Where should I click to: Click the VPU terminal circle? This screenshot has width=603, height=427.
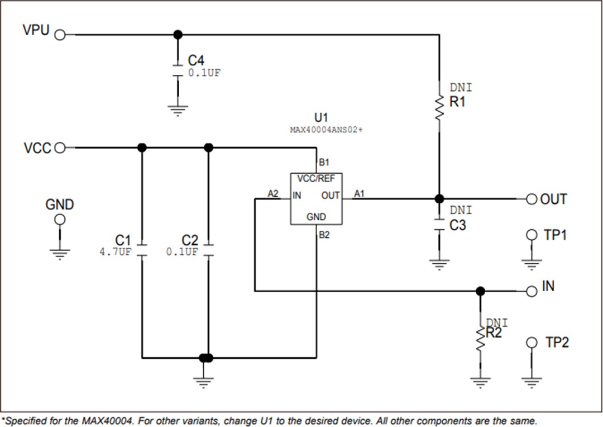pyautogui.click(x=60, y=35)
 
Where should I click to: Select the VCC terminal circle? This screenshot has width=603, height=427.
pyautogui.click(x=60, y=148)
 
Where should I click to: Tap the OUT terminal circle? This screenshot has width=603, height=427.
pyautogui.click(x=532, y=199)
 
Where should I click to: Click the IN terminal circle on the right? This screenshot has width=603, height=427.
pyautogui.click(x=532, y=291)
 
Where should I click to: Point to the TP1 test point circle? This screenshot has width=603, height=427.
pyautogui.click(x=532, y=235)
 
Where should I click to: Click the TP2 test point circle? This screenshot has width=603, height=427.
pyautogui.click(x=532, y=342)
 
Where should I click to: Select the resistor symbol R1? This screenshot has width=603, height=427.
pyautogui.click(x=439, y=107)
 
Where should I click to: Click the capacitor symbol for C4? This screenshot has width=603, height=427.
pyautogui.click(x=178, y=70)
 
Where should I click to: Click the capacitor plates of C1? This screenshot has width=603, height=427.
pyautogui.click(x=142, y=250)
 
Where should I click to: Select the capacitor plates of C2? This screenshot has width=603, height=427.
pyautogui.click(x=208, y=250)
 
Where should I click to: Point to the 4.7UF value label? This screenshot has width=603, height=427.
pyautogui.click(x=115, y=252)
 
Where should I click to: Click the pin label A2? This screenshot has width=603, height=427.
pyautogui.click(x=273, y=193)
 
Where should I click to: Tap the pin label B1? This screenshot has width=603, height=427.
pyautogui.click(x=324, y=163)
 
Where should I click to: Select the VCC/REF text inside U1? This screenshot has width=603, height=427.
pyautogui.click(x=316, y=179)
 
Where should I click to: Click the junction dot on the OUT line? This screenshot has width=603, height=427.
pyautogui.click(x=439, y=198)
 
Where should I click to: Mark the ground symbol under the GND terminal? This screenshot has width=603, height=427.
pyautogui.click(x=60, y=254)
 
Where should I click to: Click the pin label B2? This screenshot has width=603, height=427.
pyautogui.click(x=324, y=235)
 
